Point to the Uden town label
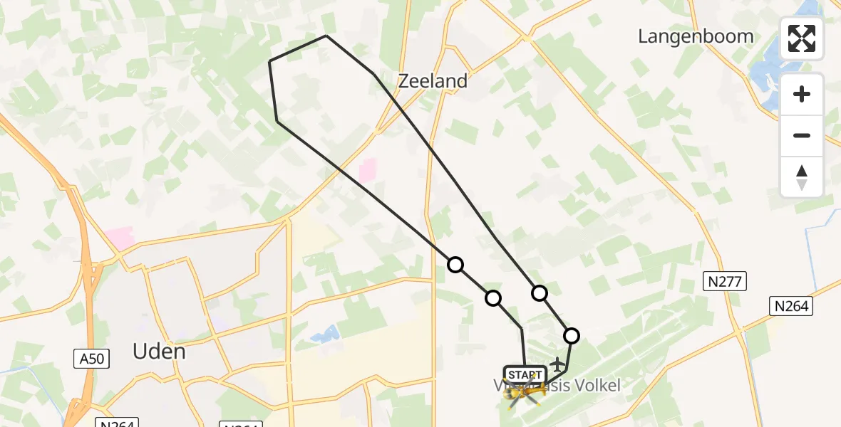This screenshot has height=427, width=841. (159, 351)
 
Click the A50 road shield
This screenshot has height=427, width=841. (92, 359)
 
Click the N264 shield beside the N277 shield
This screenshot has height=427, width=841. (792, 305)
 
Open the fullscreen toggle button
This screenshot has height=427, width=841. (802, 38)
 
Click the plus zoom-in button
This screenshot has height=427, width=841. (802, 94)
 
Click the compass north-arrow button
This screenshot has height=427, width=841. (802, 176)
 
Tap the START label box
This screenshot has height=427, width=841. (525, 374)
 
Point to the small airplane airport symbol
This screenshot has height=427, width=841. (556, 364)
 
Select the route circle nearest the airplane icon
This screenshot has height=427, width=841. (572, 336)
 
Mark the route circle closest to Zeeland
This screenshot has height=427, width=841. (455, 265)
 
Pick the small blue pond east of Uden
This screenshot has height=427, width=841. (324, 332)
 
